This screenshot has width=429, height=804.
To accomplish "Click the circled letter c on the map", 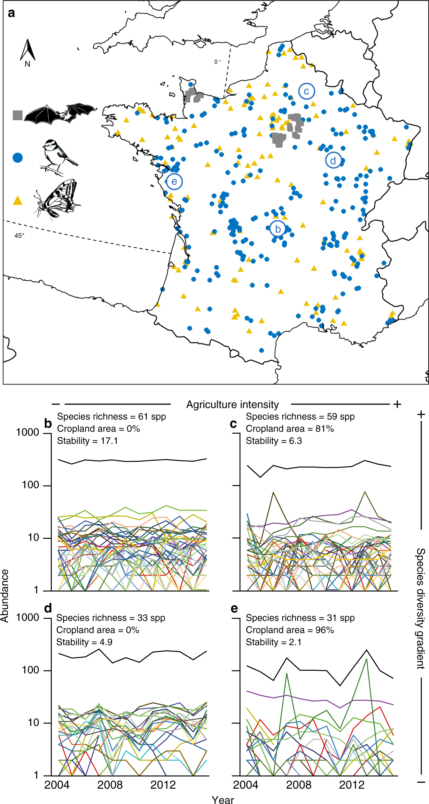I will tap(307, 91).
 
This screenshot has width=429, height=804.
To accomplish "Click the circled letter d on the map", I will tap(333, 160).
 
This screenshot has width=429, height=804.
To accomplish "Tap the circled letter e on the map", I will tap(174, 182).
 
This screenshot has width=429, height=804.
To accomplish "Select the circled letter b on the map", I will tap(278, 229).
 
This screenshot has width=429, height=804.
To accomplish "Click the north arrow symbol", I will tap(28, 51).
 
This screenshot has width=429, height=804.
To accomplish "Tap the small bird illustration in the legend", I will tap(58, 157).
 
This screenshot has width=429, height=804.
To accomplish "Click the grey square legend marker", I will tap(18, 115).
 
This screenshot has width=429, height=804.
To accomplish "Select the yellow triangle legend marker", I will tap(18, 201).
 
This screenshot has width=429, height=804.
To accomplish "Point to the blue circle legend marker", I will tap(18, 158).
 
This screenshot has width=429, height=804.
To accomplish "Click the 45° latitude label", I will tap(19, 236).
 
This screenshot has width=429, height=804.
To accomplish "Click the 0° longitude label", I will tap(217, 62).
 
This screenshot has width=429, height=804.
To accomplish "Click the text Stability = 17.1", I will tap(87, 441).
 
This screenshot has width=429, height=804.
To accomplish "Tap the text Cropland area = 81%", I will tap(290, 429).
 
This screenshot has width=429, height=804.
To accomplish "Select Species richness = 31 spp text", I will tap(300, 618).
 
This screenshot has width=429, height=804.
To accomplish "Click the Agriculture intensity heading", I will tap(232, 405).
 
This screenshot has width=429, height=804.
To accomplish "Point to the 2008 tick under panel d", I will tap(110, 785).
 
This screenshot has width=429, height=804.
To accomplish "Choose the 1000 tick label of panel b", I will tap(27, 432).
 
